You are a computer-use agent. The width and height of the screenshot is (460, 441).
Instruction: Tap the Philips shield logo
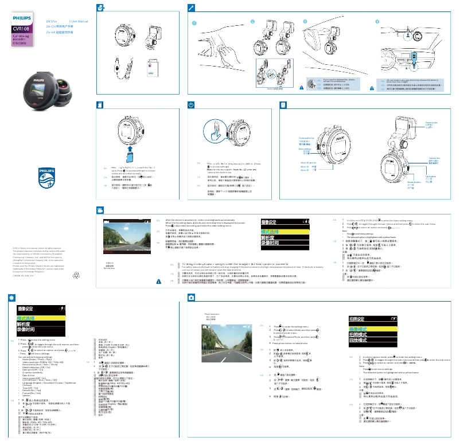48,177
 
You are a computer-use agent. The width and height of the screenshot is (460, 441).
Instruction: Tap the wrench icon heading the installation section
192,8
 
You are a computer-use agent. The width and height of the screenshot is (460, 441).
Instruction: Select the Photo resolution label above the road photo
212,316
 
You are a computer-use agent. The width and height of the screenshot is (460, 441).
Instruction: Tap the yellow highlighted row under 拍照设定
373,329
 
